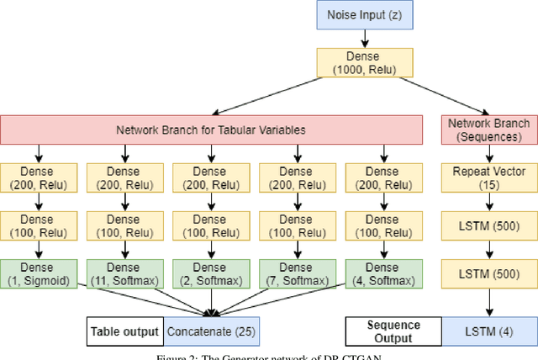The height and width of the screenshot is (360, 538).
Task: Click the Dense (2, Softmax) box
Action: pyautogui.click(x=212, y=273)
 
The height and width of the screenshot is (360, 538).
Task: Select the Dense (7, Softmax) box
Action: pyautogui.click(x=298, y=273)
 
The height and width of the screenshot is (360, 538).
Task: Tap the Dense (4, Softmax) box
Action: pyautogui.click(x=384, y=273)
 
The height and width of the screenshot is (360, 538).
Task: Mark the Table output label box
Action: pyautogui.click(x=125, y=331)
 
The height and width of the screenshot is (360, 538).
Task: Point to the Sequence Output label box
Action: pyautogui.click(x=394, y=331)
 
